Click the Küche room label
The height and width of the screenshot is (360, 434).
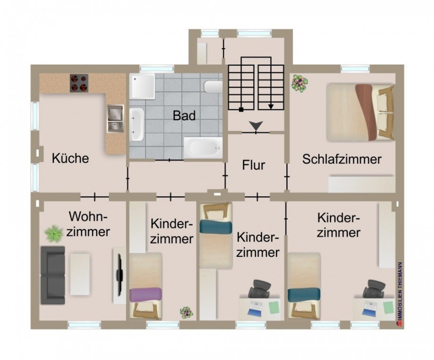pyautogui.click(x=70, y=158)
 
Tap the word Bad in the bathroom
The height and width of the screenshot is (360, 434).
pyautogui.click(x=184, y=115)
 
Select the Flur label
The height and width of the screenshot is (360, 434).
pyautogui.click(x=253, y=166)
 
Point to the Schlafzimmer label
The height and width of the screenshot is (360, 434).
pyautogui.click(x=342, y=159)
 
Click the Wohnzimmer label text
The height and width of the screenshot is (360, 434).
pyautogui.click(x=89, y=224)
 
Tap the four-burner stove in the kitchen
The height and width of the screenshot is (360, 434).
pyautogui.click(x=79, y=83)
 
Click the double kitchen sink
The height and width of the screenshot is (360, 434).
pyautogui.click(x=115, y=118)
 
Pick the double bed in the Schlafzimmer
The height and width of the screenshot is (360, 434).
pyautogui.click(x=360, y=112)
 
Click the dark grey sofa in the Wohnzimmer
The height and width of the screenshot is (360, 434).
pyautogui.click(x=52, y=275)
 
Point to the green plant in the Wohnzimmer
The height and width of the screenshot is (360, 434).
pyautogui.click(x=54, y=233)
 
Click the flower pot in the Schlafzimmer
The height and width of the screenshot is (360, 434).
pyautogui.click(x=299, y=83)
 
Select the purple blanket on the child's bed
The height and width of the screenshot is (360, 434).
pyautogui.click(x=145, y=294)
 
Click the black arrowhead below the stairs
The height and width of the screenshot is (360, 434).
pyautogui.click(x=256, y=126)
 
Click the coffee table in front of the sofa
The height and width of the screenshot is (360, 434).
pyautogui.click(x=80, y=275)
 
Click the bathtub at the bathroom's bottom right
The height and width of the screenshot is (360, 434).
pyautogui.click(x=202, y=148)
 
